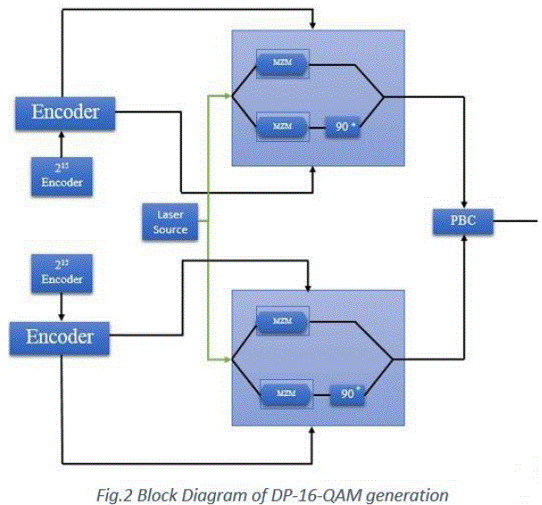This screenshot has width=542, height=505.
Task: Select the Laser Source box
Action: tap(170, 220)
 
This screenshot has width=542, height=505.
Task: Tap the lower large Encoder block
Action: tap(60, 337)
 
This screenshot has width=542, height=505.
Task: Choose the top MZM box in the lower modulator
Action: tap(281, 320)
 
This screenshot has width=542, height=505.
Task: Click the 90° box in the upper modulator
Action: tap(340, 128)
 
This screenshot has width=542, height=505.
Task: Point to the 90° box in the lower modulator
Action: tap(346, 393)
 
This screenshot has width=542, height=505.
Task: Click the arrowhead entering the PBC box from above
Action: tap(464, 203)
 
